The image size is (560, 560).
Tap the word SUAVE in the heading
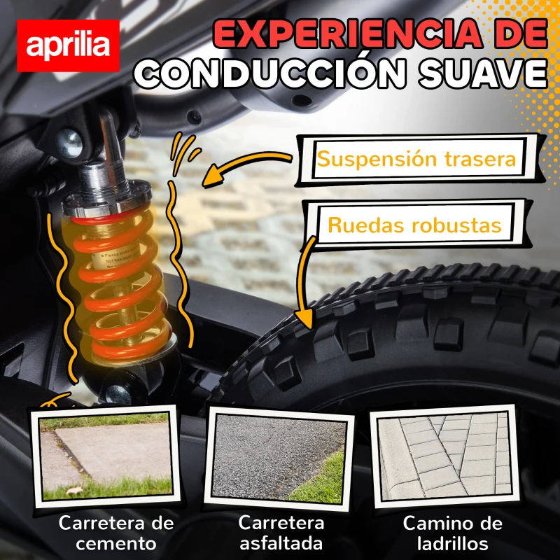pyautogui.click(x=482, y=73)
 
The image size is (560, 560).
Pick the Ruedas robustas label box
pyautogui.click(x=415, y=225)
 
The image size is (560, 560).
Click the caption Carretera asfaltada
pyautogui.click(x=280, y=533)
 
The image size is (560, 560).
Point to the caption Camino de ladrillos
pyautogui.click(x=452, y=533)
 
